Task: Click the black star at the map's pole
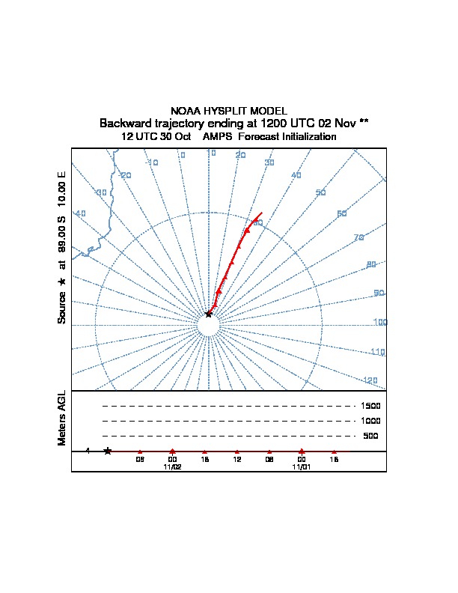click(x=209, y=314)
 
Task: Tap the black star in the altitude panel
click(x=108, y=451)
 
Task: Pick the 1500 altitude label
click(x=371, y=406)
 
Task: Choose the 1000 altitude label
click(x=371, y=421)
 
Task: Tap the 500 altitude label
click(x=371, y=436)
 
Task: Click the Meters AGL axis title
click(x=62, y=418)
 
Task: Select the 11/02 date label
click(x=172, y=466)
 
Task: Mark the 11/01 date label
click(x=302, y=466)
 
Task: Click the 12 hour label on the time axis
click(x=237, y=459)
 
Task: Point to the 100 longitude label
click(x=380, y=323)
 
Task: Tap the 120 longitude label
click(x=370, y=381)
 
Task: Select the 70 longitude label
click(x=358, y=237)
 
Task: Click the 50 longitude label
click(x=321, y=193)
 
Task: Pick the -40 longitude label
click(x=80, y=213)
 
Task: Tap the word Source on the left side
click(x=62, y=307)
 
